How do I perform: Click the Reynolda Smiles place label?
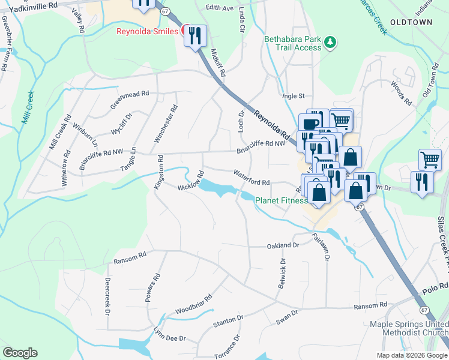[x=146, y=31]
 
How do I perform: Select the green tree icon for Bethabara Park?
[x=329, y=42]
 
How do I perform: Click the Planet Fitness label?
[x=282, y=201]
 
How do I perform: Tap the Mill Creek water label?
[x=28, y=107]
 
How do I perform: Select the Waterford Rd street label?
[x=251, y=178]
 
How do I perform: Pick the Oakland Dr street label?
[x=283, y=245]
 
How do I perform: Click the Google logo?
[x=20, y=353]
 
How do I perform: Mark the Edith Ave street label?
[x=219, y=8]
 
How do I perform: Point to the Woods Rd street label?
[x=400, y=94]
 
